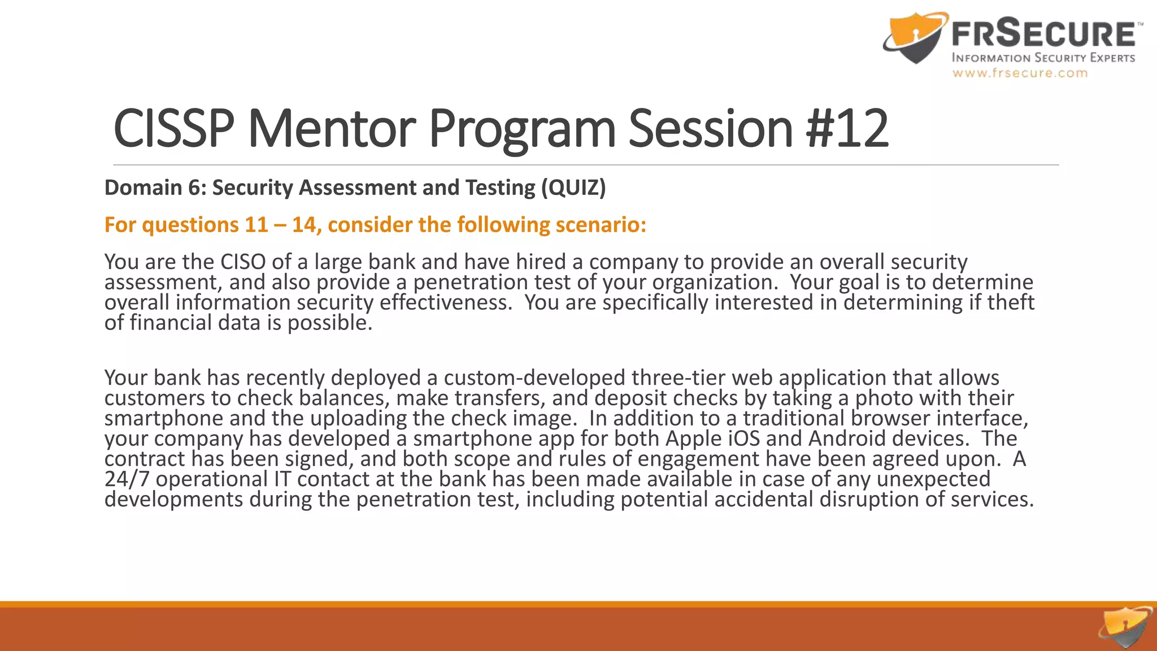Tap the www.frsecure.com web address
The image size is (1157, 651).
click(1020, 73)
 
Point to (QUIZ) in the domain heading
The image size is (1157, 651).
click(573, 188)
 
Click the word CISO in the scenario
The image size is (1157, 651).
click(243, 262)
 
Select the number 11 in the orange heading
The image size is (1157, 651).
click(256, 225)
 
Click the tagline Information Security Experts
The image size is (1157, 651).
click(1043, 58)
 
